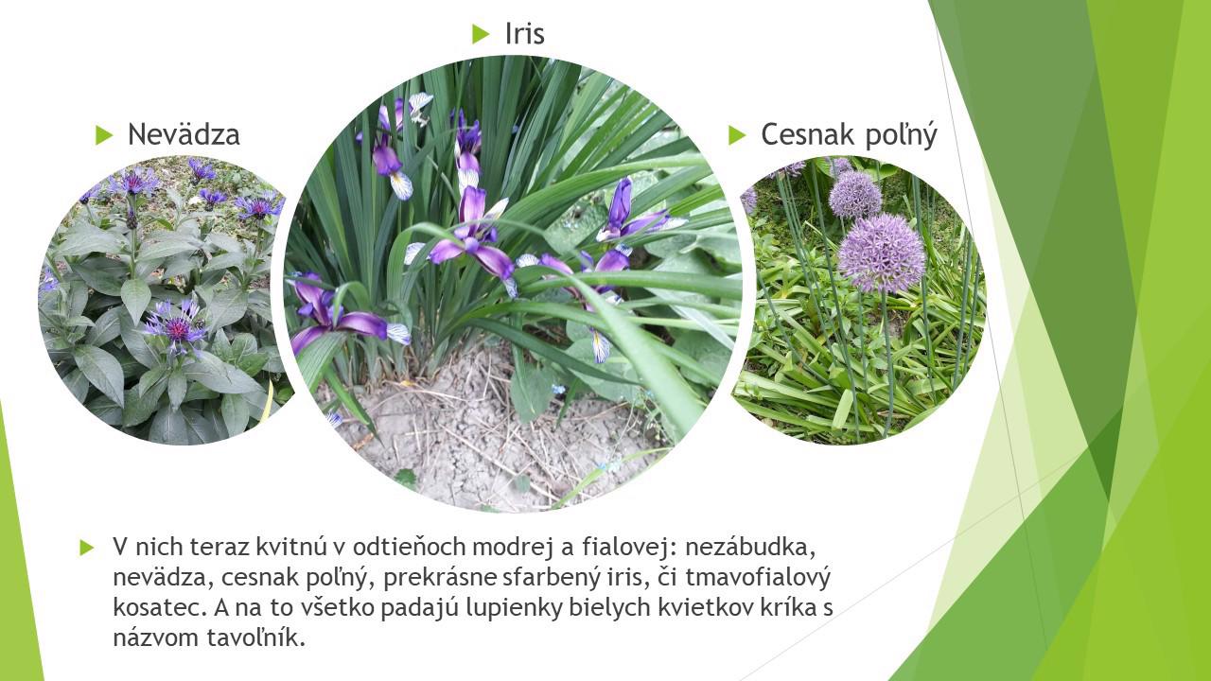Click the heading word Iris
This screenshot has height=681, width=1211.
tap(524, 33)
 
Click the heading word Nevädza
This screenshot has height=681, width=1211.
tap(184, 134)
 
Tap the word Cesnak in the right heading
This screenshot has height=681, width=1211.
tap(808, 134)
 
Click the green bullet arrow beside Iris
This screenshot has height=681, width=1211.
tap(480, 33)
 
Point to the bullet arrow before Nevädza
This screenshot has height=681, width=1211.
tap(104, 134)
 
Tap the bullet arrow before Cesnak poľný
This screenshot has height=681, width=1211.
tap(737, 134)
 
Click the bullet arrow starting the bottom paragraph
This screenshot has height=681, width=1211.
tap(86, 548)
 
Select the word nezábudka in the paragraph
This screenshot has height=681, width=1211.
tap(750, 547)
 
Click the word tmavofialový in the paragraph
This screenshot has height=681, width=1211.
tap(758, 578)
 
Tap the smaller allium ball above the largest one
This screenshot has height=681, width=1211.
tap(855, 194)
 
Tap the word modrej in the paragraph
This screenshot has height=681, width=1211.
tap(513, 548)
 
